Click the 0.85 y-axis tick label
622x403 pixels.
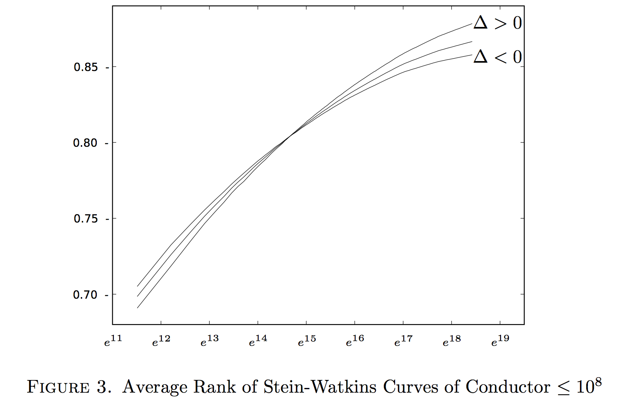tap(86, 67)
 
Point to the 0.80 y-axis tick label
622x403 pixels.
tap(85, 143)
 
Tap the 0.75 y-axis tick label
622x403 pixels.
tap(86, 219)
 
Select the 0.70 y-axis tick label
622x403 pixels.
tap(85, 295)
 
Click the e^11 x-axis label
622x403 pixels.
tap(113, 341)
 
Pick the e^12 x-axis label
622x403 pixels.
tap(161, 341)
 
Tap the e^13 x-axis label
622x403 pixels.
tap(209, 341)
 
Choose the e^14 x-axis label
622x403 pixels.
tap(258, 341)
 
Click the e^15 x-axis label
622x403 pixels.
tap(307, 341)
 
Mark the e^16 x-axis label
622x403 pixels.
tap(355, 341)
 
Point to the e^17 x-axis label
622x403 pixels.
tap(403, 341)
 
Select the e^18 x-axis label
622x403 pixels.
tap(452, 341)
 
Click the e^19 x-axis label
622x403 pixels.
tap(500, 341)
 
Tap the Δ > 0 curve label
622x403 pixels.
tap(497, 23)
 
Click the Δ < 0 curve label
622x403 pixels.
tap(497, 57)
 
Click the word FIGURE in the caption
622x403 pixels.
tap(58, 387)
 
